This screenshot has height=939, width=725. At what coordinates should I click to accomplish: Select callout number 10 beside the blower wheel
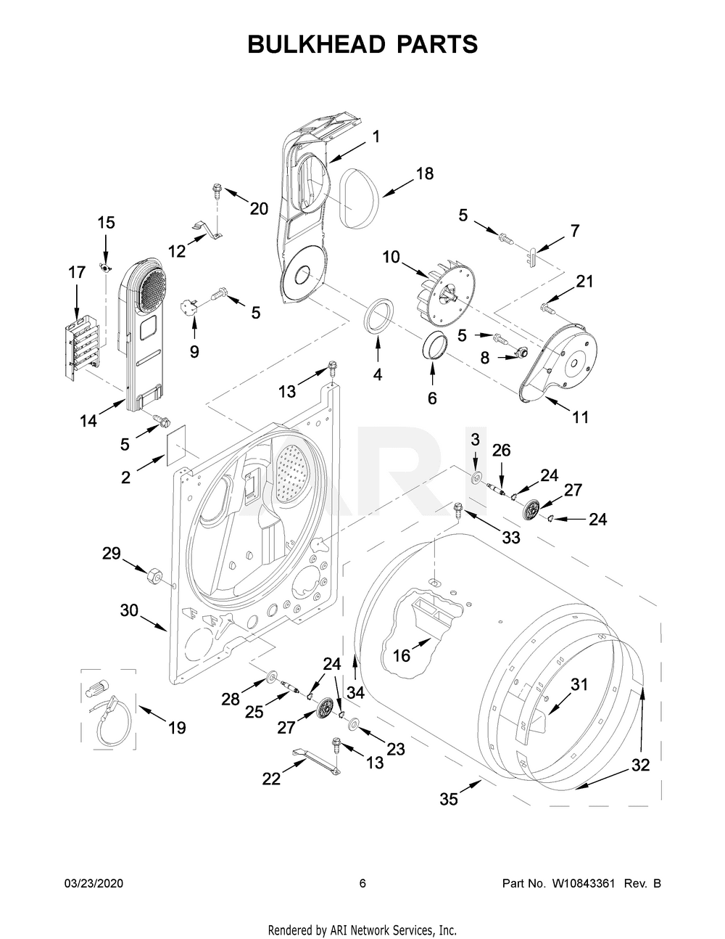click(x=391, y=257)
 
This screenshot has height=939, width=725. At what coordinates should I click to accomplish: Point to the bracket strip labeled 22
click(x=317, y=760)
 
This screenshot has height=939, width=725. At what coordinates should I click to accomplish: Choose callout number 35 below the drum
click(x=449, y=799)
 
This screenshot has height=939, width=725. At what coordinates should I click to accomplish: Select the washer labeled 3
click(x=476, y=477)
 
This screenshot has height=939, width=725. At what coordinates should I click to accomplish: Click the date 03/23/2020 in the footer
click(x=94, y=883)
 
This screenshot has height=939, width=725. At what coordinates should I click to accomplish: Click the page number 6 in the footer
click(x=362, y=883)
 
